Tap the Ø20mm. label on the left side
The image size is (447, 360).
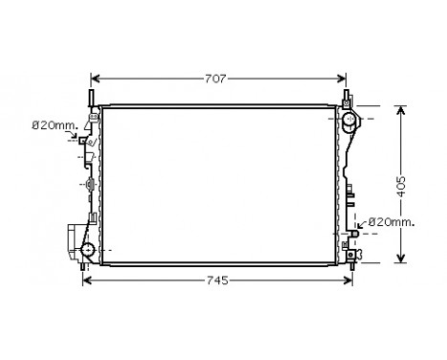[x=49, y=124]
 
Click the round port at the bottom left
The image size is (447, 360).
[x=87, y=251]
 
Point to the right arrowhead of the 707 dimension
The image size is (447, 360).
[x=347, y=79]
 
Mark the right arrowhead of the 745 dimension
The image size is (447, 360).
[x=353, y=281]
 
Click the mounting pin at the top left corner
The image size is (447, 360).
[x=92, y=99]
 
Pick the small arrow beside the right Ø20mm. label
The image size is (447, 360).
[x=362, y=222]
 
